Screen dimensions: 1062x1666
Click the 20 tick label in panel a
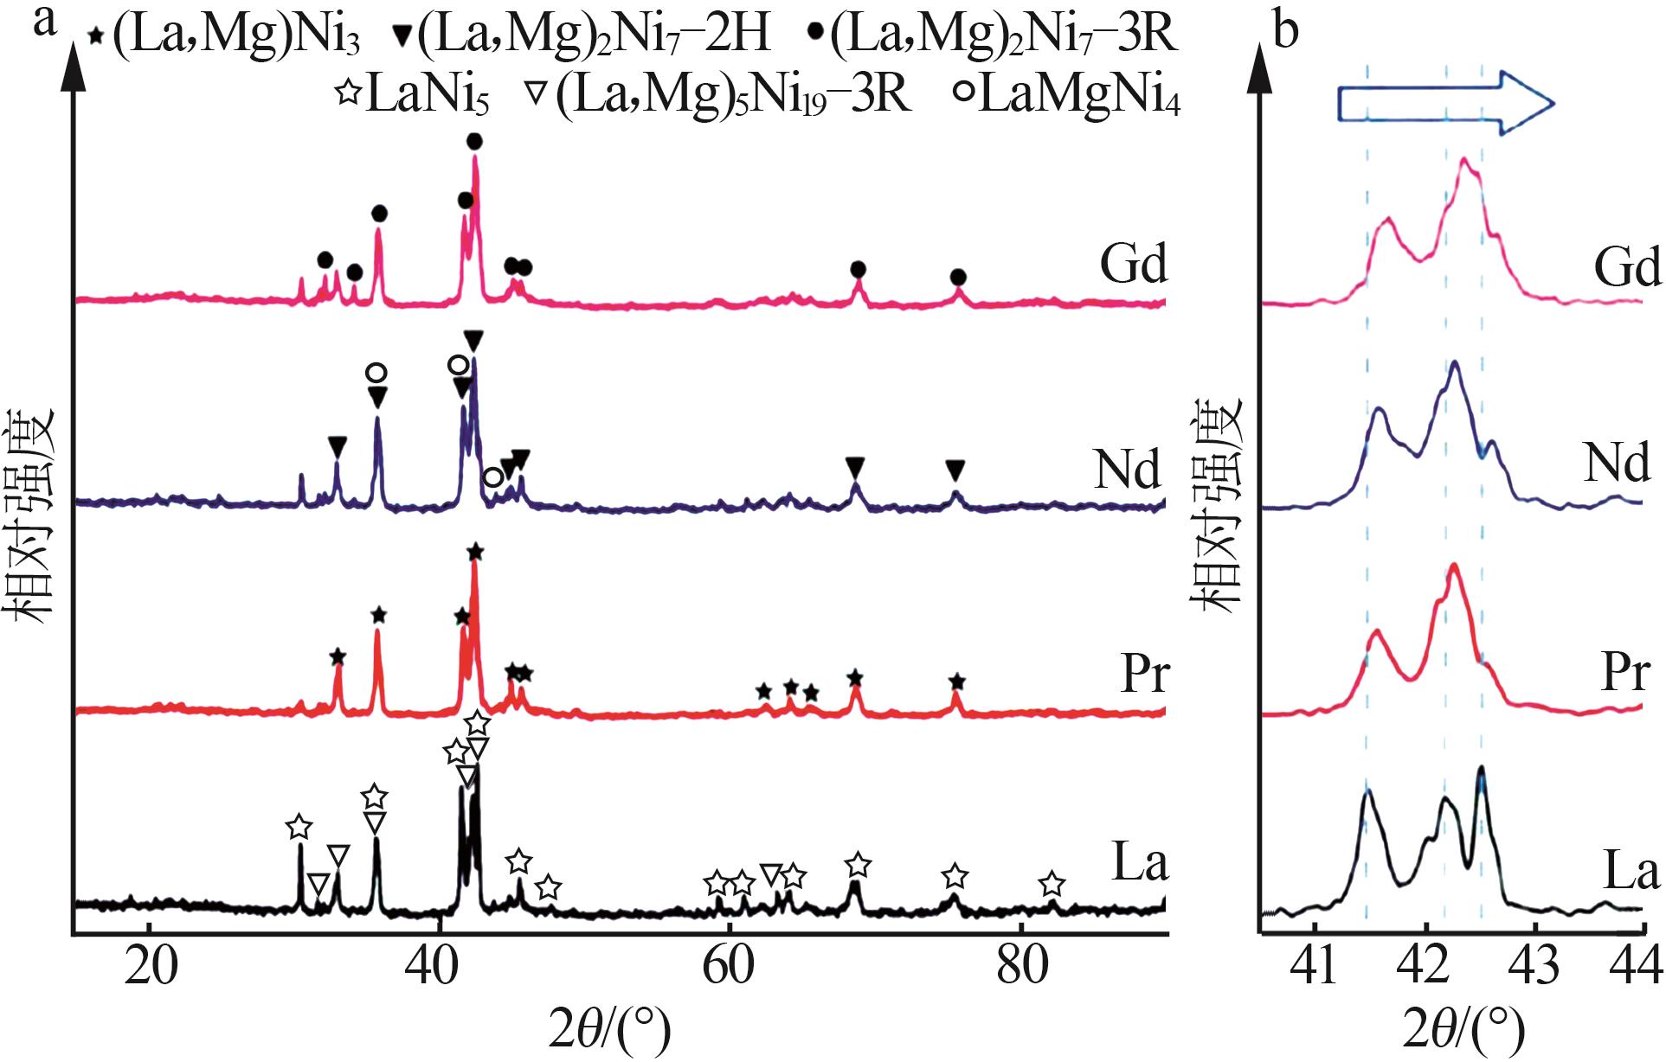pyautogui.click(x=151, y=966)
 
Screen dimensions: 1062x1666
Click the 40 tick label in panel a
pyautogui.click(x=441, y=966)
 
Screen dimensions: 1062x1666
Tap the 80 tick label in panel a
pyautogui.click(x=1022, y=966)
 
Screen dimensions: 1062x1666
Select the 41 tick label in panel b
pyautogui.click(x=1314, y=966)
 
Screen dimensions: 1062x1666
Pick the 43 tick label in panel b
pyautogui.click(x=1535, y=966)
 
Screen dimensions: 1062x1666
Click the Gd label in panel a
pyautogui.click(x=1134, y=263)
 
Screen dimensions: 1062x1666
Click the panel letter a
pyautogui.click(x=44, y=21)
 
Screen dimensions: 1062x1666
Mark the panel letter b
pyautogui.click(x=1287, y=31)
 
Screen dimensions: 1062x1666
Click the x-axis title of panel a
pyautogui.click(x=610, y=1030)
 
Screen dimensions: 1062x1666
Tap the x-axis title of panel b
pyautogui.click(x=1463, y=1030)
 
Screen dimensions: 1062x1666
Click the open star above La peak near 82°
pyautogui.click(x=1052, y=884)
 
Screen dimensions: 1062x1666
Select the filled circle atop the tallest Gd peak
pyautogui.click(x=474, y=141)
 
